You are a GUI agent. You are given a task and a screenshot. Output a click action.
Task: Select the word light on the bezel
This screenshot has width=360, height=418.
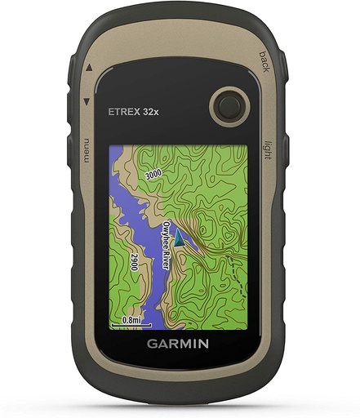click(266, 152)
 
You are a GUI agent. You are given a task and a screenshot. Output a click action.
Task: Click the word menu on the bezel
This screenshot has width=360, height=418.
click(82, 151)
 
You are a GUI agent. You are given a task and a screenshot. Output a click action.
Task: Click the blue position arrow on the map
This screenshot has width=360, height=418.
click(181, 239)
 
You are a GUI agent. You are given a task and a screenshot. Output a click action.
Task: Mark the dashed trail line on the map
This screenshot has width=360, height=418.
click(237, 269)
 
